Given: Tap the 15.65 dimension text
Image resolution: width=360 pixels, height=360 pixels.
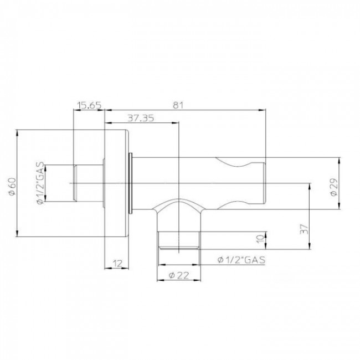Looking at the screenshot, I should pos(89,104).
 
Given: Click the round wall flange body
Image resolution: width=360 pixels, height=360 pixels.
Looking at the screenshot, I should pos(117,183).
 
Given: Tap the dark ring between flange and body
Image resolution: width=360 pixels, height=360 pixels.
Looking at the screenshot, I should pos(131,182).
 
